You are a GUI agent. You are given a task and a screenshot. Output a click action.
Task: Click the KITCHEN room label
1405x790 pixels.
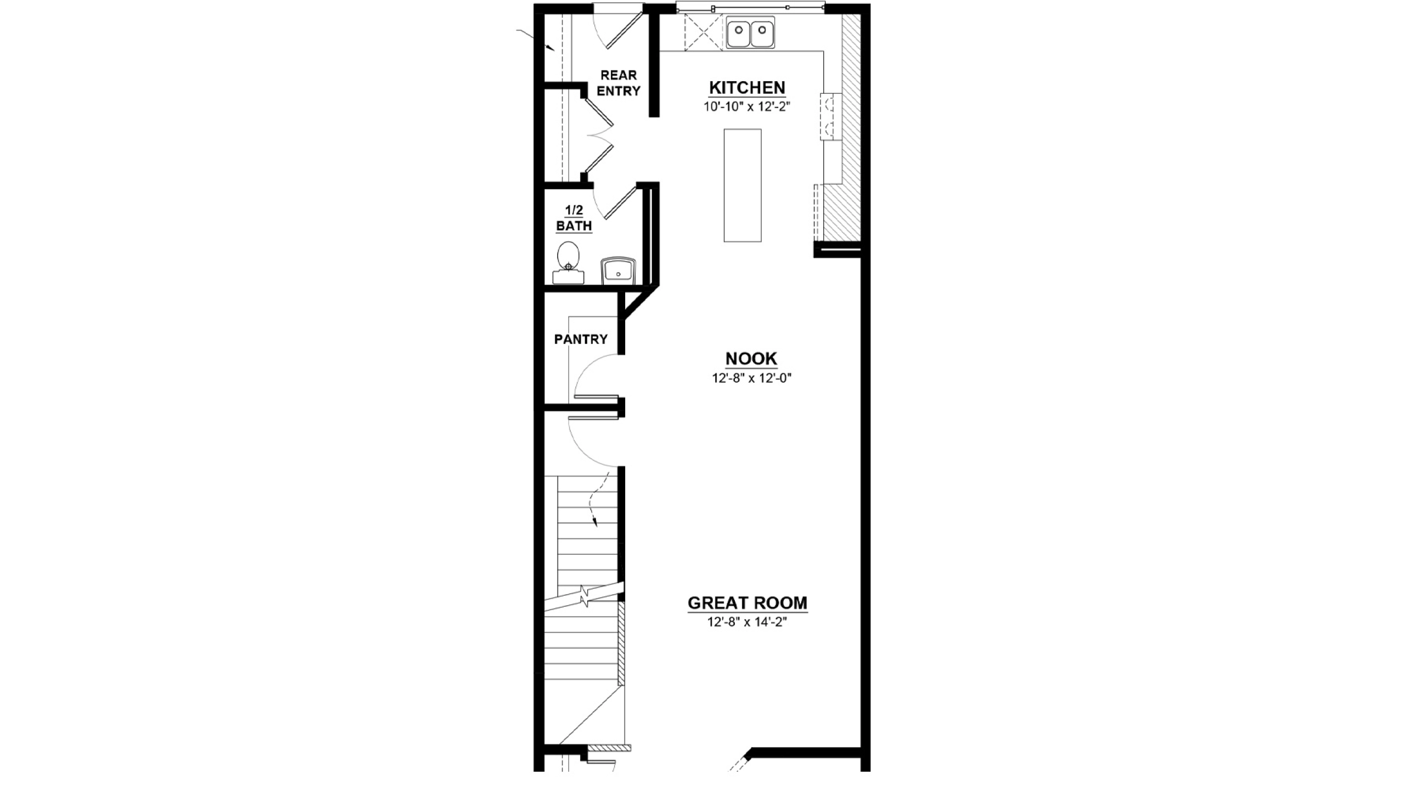tap(747, 88)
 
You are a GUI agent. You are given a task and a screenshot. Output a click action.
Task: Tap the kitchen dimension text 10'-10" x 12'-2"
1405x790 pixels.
tap(747, 106)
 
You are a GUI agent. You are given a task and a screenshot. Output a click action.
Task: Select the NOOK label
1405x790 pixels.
tap(751, 359)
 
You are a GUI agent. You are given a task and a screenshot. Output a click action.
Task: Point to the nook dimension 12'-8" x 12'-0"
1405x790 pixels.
tap(752, 378)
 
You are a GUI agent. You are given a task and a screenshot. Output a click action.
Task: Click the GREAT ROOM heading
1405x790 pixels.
tap(748, 603)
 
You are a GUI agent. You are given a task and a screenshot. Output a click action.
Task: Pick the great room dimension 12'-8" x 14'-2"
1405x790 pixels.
tap(748, 622)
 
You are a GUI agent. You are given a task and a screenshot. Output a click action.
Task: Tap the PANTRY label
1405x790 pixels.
tap(581, 340)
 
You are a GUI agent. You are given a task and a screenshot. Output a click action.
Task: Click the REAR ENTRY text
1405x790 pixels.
tap(619, 83)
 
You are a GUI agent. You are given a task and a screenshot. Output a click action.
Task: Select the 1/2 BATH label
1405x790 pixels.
tap(574, 218)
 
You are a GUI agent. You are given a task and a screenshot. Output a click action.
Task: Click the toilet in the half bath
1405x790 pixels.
tap(569, 263)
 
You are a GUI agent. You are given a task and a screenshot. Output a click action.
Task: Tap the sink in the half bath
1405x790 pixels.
tap(619, 272)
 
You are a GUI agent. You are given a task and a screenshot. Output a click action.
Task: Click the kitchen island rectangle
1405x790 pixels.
tap(743, 185)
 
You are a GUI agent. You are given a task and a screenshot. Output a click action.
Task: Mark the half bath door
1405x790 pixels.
tap(621, 202)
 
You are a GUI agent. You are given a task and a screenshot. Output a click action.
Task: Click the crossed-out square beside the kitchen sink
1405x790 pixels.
tap(704, 33)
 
